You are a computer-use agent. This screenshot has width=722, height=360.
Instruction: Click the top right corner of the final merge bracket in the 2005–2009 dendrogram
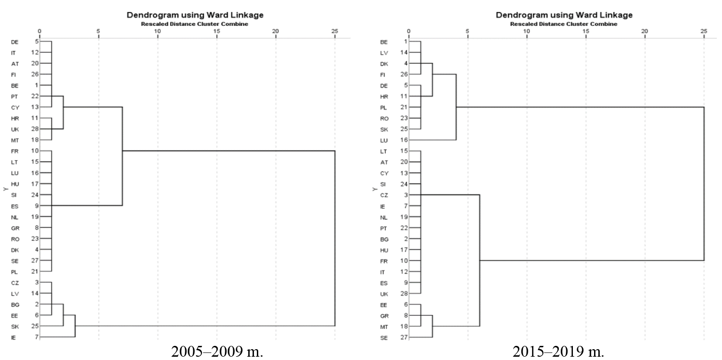pyautogui.click(x=335, y=151)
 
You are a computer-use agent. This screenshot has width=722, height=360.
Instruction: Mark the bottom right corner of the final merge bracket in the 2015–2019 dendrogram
pyautogui.click(x=704, y=260)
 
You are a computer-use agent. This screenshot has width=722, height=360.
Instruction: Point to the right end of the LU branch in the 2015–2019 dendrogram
pyautogui.click(x=456, y=140)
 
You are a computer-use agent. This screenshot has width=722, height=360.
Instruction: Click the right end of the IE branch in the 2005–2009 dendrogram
pyautogui.click(x=75, y=337)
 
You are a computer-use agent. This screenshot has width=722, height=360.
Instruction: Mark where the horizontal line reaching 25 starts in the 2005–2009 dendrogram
pyautogui.click(x=122, y=151)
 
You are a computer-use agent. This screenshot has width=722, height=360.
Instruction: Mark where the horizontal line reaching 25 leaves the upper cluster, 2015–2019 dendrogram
pyautogui.click(x=456, y=107)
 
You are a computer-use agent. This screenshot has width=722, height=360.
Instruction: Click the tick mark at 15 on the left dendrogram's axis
pyautogui.click(x=217, y=36)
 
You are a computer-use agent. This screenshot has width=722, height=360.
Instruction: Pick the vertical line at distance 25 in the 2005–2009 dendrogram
pyautogui.click(x=335, y=239)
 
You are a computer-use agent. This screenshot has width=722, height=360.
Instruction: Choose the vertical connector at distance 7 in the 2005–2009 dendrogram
pyautogui.click(x=122, y=156)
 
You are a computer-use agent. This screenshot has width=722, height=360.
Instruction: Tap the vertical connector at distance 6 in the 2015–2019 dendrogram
pyautogui.click(x=480, y=260)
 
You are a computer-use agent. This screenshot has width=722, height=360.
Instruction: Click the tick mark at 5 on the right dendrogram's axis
pyautogui.click(x=468, y=36)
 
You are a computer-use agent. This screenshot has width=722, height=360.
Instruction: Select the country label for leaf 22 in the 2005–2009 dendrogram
pyautogui.click(x=14, y=96)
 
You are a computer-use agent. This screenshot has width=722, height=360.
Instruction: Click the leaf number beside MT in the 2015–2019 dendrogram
pyautogui.click(x=404, y=326)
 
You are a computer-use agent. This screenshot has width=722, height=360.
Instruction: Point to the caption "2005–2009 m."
pyautogui.click(x=217, y=352)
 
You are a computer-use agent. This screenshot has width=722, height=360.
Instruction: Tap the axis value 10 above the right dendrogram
pyautogui.click(x=526, y=31)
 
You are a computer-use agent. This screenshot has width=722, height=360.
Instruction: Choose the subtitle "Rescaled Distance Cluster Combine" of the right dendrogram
pyautogui.click(x=564, y=24)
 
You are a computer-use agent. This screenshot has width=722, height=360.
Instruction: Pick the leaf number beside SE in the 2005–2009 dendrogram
pyautogui.click(x=35, y=260)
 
